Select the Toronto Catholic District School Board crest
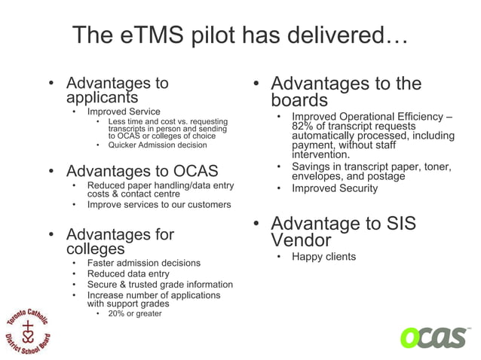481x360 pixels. point(29,329)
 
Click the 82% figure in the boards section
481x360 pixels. point(304,126)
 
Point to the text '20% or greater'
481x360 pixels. point(135,313)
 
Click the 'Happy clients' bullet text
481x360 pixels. point(323,257)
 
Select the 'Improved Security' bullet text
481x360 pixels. point(335,188)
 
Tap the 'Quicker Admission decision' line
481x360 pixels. point(157,145)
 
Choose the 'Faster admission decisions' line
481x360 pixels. point(143,263)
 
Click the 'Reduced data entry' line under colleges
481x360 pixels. point(127,274)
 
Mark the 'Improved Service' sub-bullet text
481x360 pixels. point(124,111)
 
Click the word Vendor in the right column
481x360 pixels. point(301,241)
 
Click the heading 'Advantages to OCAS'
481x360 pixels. point(142,171)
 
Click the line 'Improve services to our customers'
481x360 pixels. point(159,204)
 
